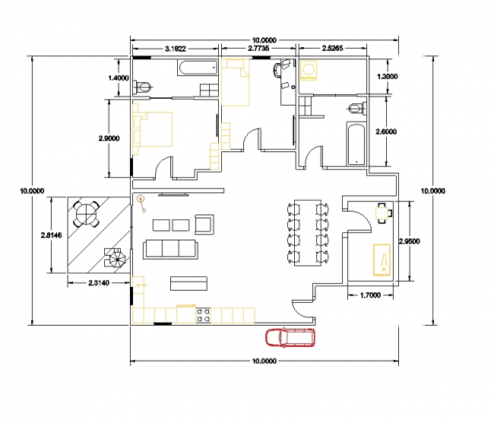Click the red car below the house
290,337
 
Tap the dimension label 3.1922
176,49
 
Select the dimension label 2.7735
258,48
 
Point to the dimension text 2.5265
332,48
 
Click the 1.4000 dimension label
119,78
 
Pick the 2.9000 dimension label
109,138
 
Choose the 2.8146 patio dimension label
52,235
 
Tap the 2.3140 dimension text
99,283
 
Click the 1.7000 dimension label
370,295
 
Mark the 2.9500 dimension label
409,241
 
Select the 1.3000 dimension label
387,76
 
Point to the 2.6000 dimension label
386,132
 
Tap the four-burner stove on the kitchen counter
203,316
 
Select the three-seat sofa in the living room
170,250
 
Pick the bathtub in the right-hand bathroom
356,144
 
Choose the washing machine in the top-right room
309,70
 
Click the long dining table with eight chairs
308,233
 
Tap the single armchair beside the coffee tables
204,224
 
